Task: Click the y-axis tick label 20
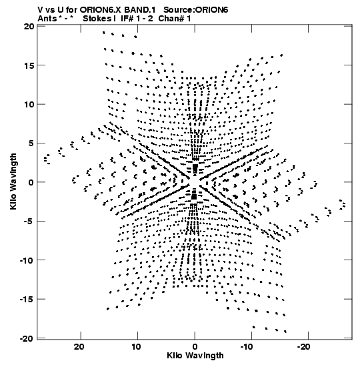[29, 26]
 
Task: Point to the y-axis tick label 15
[29, 65]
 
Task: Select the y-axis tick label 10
[29, 104]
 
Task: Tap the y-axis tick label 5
[31, 143]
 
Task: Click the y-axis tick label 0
[31, 182]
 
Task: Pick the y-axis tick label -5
[29, 221]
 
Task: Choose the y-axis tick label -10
[27, 260]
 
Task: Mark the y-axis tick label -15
[27, 299]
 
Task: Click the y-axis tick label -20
[27, 338]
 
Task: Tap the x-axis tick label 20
[79, 347]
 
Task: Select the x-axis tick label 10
[136, 347]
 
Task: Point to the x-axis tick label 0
[195, 347]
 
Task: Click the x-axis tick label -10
[247, 347]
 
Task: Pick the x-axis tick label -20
[303, 347]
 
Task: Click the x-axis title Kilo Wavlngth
[195, 356]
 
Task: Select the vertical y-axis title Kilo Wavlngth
[13, 181]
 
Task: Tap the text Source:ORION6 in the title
[196, 10]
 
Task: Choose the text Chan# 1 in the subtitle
[175, 19]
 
